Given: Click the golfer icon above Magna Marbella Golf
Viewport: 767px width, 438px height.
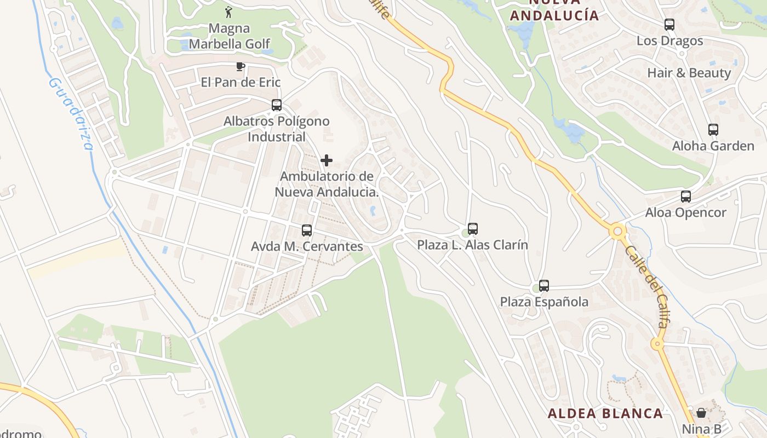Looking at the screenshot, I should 228,11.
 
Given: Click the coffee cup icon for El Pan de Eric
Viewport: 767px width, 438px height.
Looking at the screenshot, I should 239,67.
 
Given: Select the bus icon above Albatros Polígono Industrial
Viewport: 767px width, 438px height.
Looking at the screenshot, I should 277,105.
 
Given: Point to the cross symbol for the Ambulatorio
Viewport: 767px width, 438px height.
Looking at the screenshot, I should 327,160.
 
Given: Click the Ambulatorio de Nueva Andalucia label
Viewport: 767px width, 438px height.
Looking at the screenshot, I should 327,185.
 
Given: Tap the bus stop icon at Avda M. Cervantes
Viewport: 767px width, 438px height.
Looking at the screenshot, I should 307,230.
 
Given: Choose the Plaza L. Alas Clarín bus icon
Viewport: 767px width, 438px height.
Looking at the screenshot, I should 473,229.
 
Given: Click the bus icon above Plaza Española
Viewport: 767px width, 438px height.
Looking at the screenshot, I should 544,286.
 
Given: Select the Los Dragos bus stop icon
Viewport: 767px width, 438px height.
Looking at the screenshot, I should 669,25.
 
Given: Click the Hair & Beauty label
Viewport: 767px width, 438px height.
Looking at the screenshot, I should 689,73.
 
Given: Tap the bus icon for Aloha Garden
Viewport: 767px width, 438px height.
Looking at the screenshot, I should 713,130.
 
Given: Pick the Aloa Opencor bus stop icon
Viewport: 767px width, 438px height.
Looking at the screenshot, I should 686,197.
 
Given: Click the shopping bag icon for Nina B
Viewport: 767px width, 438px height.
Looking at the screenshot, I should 701,412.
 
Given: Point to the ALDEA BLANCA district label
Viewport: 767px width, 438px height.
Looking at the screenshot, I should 605,413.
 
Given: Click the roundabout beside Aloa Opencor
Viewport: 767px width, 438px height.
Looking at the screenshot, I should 618,232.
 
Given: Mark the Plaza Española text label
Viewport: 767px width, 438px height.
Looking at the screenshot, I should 544,302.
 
